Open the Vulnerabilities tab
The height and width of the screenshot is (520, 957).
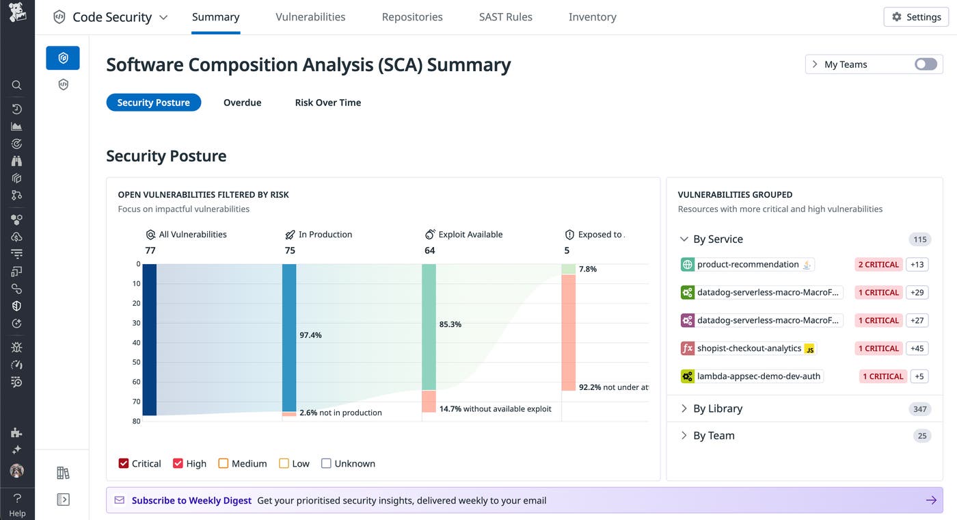[x=310, y=17]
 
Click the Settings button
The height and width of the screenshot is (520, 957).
[x=916, y=17]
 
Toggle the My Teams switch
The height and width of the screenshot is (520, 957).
[x=926, y=64]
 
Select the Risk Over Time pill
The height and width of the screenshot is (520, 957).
[x=327, y=103]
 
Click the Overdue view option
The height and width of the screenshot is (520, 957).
[x=242, y=103]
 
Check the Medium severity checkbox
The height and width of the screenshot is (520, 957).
[x=224, y=463]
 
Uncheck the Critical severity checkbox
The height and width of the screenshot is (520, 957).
[x=124, y=463]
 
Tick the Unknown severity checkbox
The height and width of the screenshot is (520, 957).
[x=326, y=463]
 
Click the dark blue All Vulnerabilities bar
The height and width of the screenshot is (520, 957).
[x=150, y=339]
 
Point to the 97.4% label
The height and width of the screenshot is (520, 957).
[x=310, y=335]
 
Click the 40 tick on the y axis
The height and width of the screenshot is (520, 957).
[x=137, y=343]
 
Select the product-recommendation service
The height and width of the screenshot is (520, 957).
[x=747, y=265]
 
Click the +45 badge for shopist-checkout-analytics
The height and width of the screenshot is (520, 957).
[x=917, y=348]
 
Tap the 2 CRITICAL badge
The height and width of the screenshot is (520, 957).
[x=878, y=265]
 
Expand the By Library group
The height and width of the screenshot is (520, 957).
[x=717, y=408]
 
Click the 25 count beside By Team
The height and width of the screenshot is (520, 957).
[x=921, y=436]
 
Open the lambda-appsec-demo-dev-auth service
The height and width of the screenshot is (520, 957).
[x=758, y=376]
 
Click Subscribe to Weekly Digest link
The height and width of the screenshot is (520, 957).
[x=191, y=500]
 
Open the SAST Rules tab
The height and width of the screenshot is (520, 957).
[x=505, y=17]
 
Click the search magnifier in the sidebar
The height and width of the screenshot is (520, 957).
[x=17, y=86]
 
